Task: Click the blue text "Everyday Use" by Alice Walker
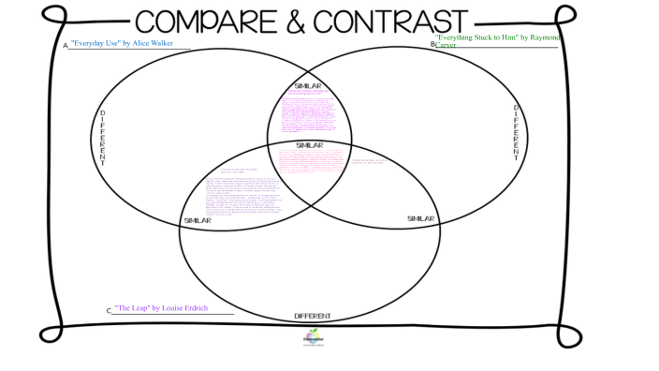pos(123,43)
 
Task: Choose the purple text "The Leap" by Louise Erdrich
pos(162,307)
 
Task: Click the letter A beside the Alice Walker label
pos(66,45)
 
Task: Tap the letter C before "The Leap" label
pos(109,310)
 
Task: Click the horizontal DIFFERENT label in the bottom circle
pos(312,316)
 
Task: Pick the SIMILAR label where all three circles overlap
pos(309,145)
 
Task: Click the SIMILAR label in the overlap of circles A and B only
pos(308,86)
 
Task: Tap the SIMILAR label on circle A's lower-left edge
pos(198,220)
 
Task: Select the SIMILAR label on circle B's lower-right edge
pos(421,218)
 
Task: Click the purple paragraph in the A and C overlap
pos(240,192)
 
